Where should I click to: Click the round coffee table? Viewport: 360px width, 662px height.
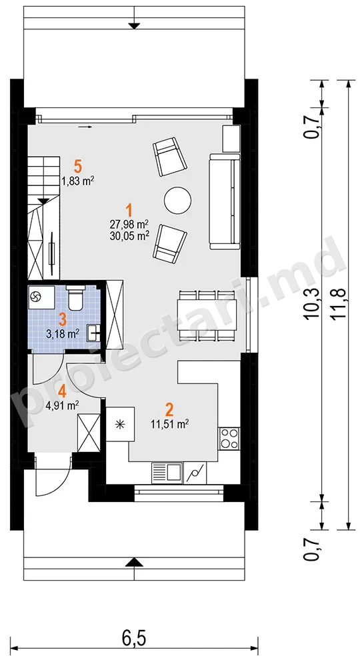(178, 200)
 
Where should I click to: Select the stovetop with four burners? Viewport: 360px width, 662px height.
(229, 438)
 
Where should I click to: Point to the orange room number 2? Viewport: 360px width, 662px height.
(169, 409)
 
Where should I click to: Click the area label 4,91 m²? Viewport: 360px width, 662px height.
(62, 406)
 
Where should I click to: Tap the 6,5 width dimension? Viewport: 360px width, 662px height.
(134, 639)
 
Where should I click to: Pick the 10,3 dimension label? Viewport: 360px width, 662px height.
(313, 303)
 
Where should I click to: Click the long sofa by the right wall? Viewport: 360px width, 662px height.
(224, 202)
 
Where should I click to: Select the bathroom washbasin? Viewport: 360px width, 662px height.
(93, 333)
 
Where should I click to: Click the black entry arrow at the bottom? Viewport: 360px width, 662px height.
(134, 561)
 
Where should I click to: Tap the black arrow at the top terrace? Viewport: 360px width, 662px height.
(134, 25)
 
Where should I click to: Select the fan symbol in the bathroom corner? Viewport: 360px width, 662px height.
(35, 297)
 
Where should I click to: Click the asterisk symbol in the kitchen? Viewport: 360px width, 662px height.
(120, 424)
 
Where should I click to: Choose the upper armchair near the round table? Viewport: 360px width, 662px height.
(169, 156)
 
